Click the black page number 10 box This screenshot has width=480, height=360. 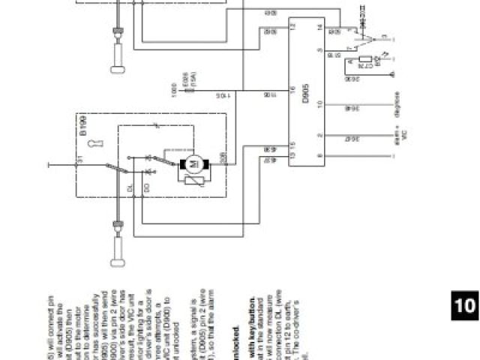(464, 305)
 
